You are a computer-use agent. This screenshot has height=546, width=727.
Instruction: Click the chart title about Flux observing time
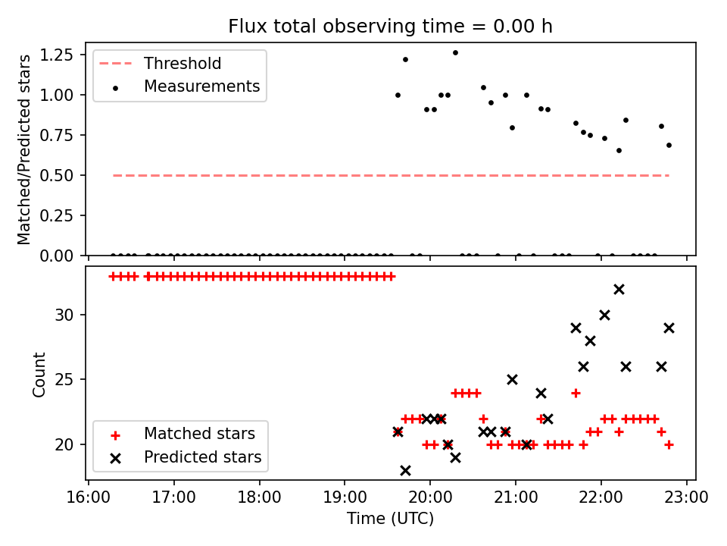click(x=390, y=27)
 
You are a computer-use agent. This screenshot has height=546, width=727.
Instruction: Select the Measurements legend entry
click(x=201, y=86)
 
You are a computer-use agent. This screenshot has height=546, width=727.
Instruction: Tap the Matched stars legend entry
click(x=199, y=435)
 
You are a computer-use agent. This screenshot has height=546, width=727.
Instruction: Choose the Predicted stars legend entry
click(x=202, y=457)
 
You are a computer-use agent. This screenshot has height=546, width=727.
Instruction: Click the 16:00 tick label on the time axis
click(x=89, y=499)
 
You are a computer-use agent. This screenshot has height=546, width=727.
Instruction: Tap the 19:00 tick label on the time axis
click(x=345, y=499)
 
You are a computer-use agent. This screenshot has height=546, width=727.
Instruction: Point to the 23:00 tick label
click(x=686, y=499)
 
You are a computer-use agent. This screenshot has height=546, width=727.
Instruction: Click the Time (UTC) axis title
click(x=390, y=519)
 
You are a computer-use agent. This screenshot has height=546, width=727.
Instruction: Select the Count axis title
click(x=39, y=375)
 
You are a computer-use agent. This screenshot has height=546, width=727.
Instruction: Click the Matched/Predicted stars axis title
click(x=24, y=149)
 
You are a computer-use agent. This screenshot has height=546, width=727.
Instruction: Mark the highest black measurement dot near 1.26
click(x=455, y=52)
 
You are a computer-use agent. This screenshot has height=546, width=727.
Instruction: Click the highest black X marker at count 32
click(x=619, y=289)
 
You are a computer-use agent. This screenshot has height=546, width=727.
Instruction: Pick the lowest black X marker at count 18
click(x=405, y=470)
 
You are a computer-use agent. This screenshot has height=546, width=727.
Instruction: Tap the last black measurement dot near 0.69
click(x=669, y=145)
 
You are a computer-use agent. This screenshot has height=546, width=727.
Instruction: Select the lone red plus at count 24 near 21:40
click(x=576, y=393)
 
